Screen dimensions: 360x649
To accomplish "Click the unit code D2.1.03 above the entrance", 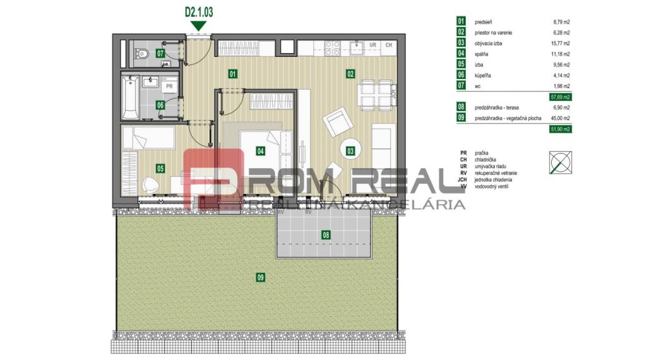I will (x=199, y=11).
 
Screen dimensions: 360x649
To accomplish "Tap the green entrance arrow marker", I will (x=199, y=25).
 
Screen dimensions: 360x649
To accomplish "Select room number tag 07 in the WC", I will (x=160, y=54).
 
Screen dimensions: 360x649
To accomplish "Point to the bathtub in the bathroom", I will (x=131, y=97).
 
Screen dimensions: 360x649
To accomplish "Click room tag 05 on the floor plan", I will (x=160, y=168).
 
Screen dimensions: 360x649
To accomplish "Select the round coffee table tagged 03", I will (x=350, y=150).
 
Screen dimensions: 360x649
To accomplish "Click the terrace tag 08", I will (x=326, y=235).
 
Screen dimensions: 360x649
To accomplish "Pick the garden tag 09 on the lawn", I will (x=260, y=276).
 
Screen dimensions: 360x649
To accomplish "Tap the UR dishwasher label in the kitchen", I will (x=373, y=45).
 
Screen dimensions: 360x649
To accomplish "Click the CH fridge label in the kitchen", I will (x=388, y=45).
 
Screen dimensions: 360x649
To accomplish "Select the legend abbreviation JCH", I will (x=463, y=180).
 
